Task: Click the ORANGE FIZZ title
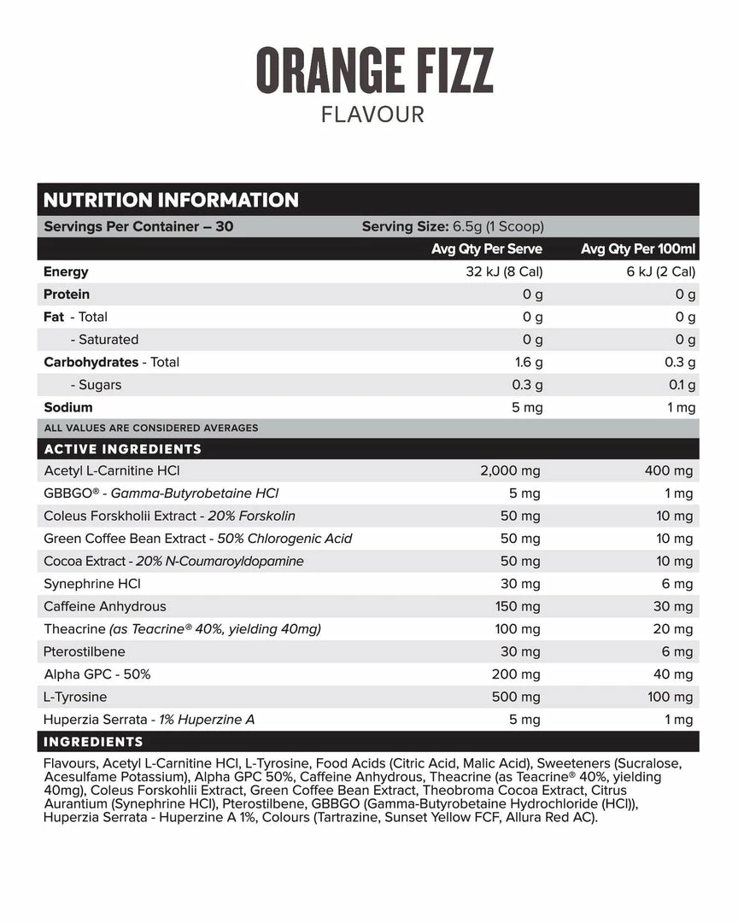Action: pos(374,71)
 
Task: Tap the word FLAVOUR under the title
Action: pos(372,114)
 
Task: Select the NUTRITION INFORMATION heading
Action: pos(171,201)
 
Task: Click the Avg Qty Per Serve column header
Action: pos(487,249)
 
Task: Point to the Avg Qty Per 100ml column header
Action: pos(638,249)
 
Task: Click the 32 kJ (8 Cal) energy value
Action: pos(500,272)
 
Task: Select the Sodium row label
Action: pos(68,407)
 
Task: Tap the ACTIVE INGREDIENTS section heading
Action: pos(122,449)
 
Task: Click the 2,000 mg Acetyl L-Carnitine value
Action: pos(511,471)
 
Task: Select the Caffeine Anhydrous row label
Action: pos(105,606)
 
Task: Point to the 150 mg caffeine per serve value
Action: pos(518,606)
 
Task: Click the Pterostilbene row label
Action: pos(84,651)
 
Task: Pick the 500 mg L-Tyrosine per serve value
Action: pos(516,697)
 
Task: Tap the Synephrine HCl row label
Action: pos(92,584)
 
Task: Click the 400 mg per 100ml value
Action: pos(671,471)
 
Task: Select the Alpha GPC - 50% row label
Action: pos(97,674)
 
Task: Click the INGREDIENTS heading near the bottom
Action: pos(93,742)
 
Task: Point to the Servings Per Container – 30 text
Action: pos(138,227)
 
